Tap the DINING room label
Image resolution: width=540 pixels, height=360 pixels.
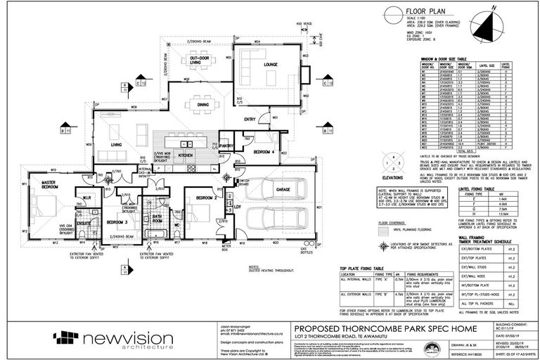pos(202,105)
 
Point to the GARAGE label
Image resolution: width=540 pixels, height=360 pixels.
pos(283,189)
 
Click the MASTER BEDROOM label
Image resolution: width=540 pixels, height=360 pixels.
pos(49,184)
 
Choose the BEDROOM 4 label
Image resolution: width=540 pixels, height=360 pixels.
pos(264,153)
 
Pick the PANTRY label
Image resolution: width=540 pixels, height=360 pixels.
pos(226,146)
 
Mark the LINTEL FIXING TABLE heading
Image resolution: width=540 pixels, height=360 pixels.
pos(477,189)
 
